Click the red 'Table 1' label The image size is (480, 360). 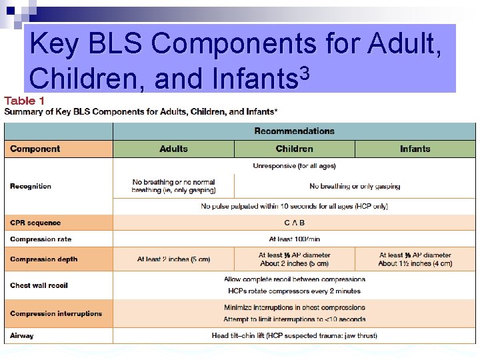point(25,100)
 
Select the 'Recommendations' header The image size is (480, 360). point(294,131)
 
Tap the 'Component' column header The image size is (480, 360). point(35,149)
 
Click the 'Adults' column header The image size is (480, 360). point(173,149)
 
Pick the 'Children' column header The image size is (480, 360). point(294,149)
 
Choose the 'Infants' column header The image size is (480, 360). point(415,149)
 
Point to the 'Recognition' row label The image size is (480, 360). point(31,186)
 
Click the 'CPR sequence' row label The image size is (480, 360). point(35,223)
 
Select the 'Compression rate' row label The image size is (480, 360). point(41,239)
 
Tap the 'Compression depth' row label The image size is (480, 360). point(43,259)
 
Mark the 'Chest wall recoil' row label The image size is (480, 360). point(39,285)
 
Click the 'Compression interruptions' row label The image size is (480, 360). point(56,313)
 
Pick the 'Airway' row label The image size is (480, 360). point(21,335)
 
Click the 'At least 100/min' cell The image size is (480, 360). point(294,239)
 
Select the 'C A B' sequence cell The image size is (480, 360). point(294,223)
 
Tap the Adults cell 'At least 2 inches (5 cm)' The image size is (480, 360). point(173,259)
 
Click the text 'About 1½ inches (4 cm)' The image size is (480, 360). point(415,264)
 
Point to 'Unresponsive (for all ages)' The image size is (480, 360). point(294,165)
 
